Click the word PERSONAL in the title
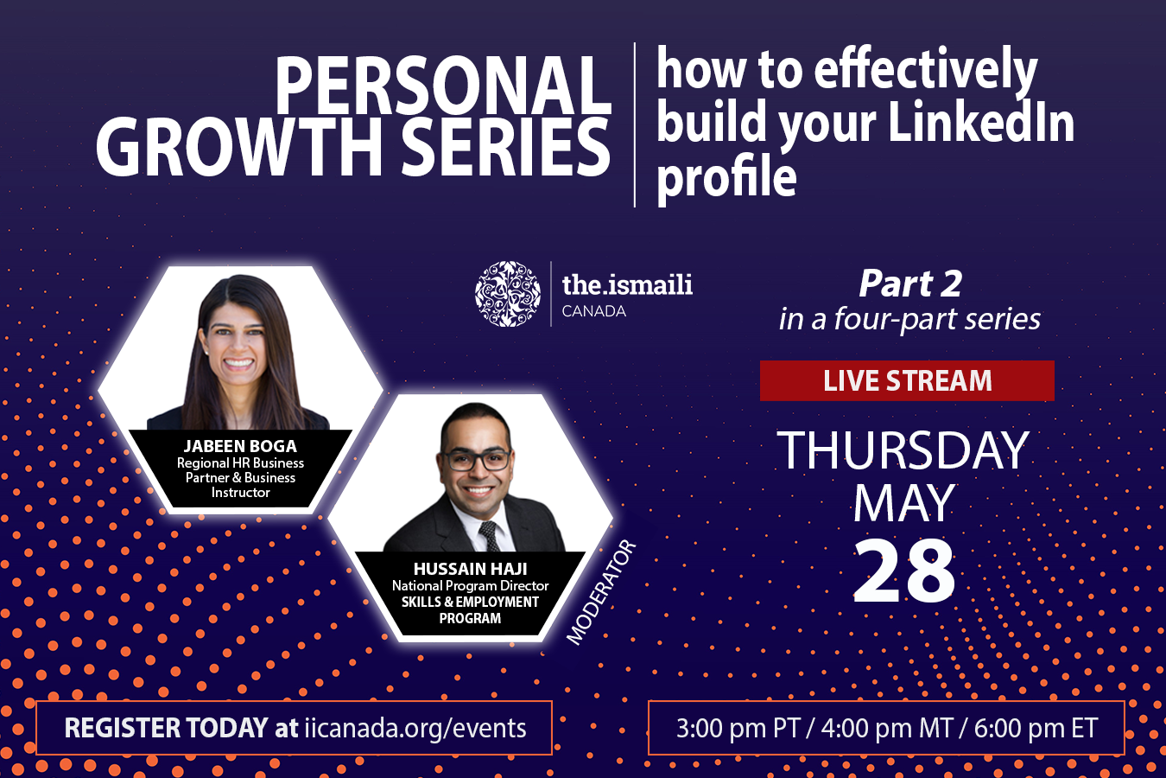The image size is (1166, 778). (443, 85)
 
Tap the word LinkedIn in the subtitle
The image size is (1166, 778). (981, 122)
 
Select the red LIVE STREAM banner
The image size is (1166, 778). (907, 380)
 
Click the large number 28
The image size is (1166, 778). (904, 571)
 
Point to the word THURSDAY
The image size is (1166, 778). (903, 450)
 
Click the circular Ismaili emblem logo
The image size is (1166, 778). (508, 294)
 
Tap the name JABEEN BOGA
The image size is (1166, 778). (240, 446)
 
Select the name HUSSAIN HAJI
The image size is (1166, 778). (470, 569)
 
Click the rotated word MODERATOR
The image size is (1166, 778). (601, 592)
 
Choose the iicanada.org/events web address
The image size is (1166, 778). (415, 728)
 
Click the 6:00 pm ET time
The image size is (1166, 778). (1036, 728)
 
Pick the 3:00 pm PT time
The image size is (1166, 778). (738, 728)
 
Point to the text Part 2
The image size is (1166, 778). (909, 284)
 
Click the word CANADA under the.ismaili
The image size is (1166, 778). (593, 311)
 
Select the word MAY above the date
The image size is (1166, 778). (903, 503)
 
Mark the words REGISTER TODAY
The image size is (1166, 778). (166, 728)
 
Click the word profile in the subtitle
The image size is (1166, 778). (726, 177)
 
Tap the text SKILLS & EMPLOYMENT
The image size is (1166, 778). (470, 602)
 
